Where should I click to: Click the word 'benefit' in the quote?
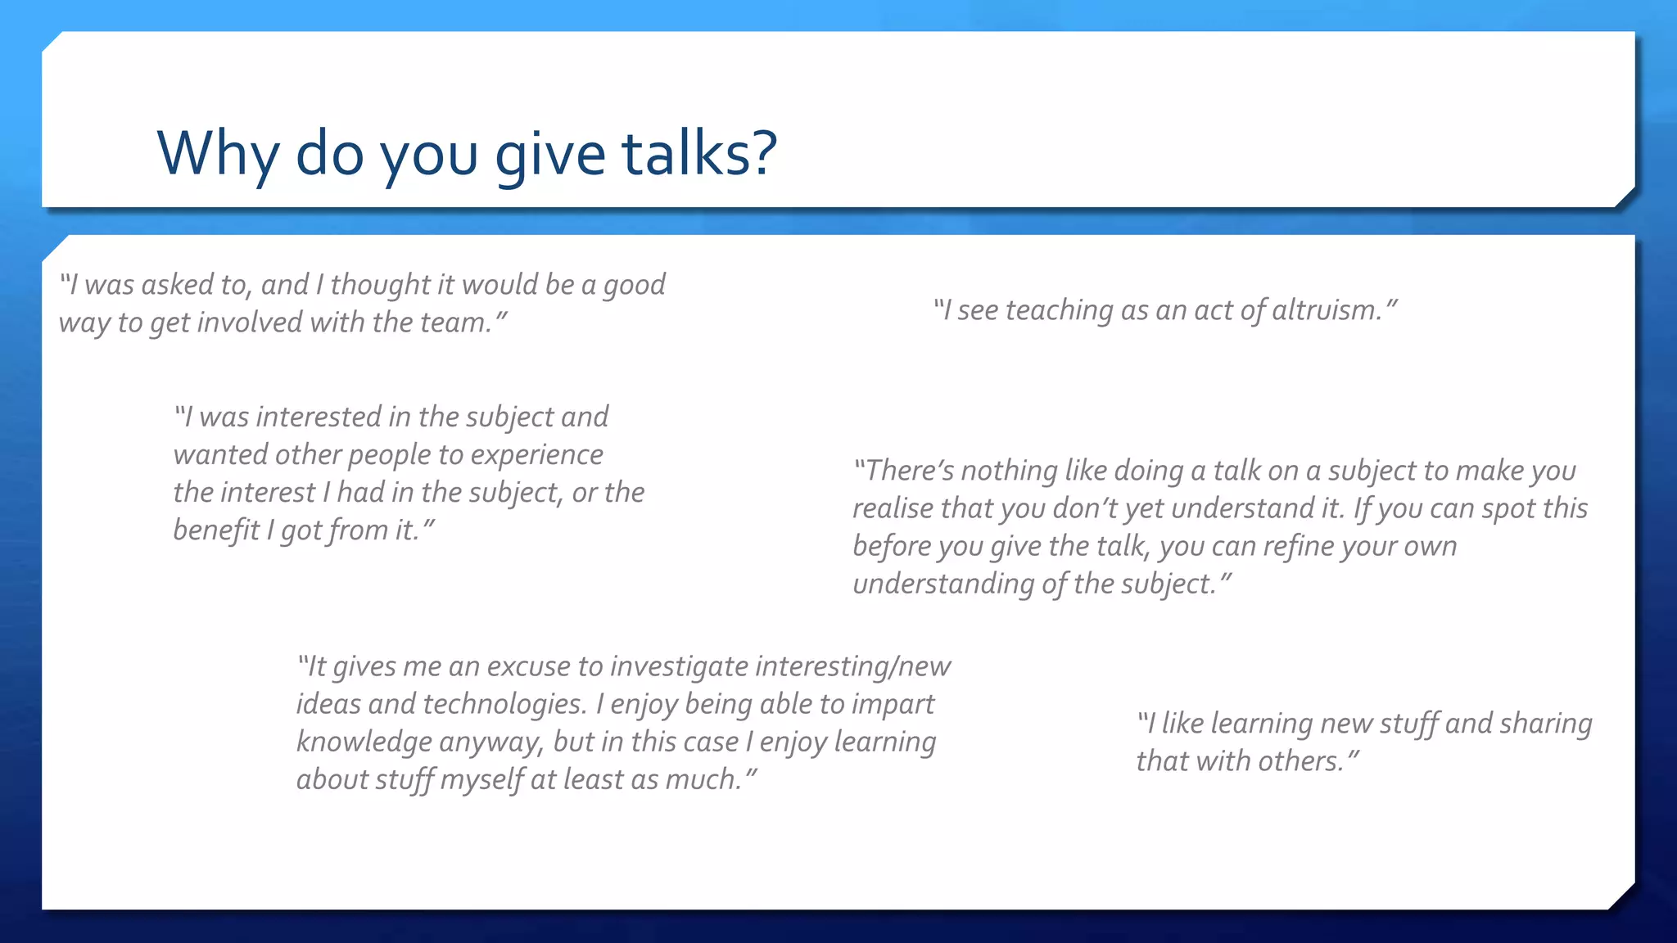(216, 530)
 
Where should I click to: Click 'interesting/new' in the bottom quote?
(852, 666)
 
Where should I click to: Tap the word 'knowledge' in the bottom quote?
(364, 742)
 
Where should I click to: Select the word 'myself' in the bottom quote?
(481, 780)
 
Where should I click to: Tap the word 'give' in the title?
(550, 153)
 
